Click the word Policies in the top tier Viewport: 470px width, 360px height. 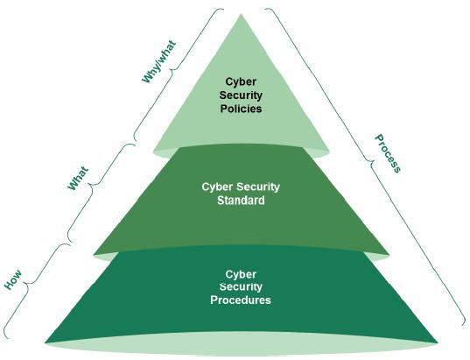(241, 109)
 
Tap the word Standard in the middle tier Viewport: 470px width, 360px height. (241, 200)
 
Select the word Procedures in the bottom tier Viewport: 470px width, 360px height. (241, 300)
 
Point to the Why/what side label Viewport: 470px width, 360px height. (159, 61)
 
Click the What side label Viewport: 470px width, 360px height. (78, 179)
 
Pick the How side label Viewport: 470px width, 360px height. (13, 279)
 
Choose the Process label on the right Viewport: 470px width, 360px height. (388, 153)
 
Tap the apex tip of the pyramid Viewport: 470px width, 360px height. (241, 14)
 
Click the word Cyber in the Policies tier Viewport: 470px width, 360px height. (241, 81)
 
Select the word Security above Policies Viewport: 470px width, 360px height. (241, 95)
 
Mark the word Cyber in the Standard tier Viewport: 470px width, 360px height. (217, 187)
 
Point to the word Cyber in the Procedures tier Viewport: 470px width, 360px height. (241, 274)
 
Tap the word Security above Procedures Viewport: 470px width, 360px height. (241, 287)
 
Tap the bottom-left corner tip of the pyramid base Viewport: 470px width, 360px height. (45, 342)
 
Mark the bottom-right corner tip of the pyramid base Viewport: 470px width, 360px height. (438, 342)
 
